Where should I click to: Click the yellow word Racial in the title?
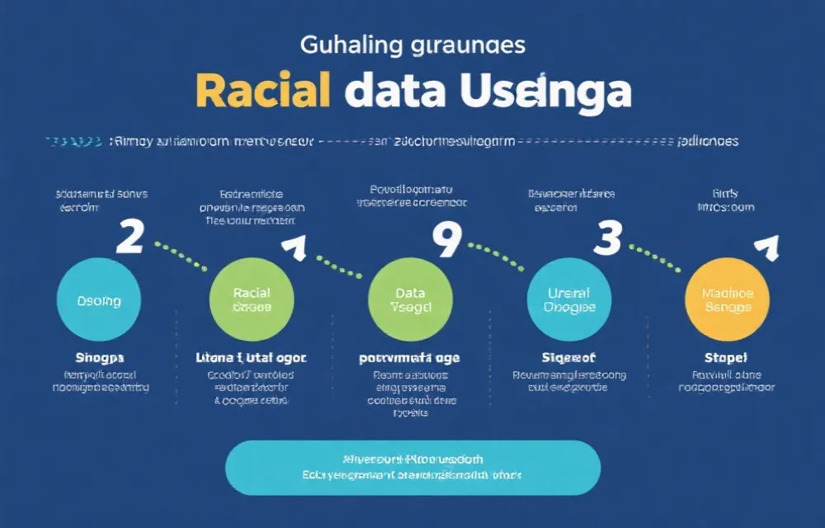click(x=263, y=92)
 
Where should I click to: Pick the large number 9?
click(x=446, y=241)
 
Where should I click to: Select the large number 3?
click(x=607, y=238)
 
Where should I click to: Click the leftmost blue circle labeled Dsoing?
click(x=99, y=300)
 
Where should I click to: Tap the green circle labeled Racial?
click(x=252, y=299)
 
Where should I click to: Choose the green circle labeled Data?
click(x=410, y=299)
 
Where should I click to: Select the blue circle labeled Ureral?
click(x=569, y=299)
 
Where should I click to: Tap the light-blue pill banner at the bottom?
click(x=412, y=468)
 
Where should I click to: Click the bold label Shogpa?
click(x=99, y=358)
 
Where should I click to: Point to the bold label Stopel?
click(x=726, y=358)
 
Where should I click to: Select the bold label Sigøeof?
click(x=568, y=358)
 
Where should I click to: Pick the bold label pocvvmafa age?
click(x=409, y=358)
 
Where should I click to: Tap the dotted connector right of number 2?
click(x=181, y=255)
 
